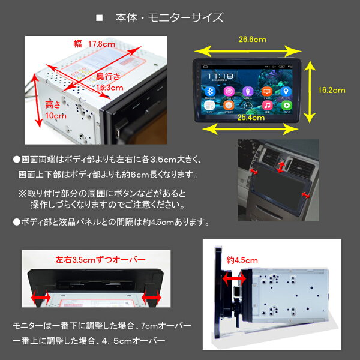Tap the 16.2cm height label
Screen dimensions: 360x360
click(331, 90)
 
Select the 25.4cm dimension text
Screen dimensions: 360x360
click(250, 118)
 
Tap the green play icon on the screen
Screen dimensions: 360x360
click(287, 104)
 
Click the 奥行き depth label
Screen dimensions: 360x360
click(112, 76)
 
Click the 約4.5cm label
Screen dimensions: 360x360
click(242, 260)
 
